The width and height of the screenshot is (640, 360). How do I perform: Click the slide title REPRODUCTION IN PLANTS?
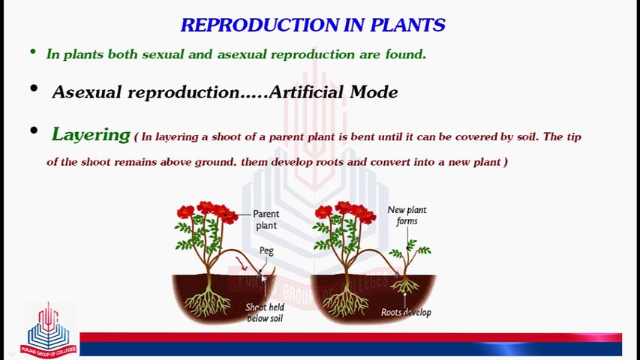click(x=313, y=25)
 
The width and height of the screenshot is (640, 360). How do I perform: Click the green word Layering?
click(x=91, y=135)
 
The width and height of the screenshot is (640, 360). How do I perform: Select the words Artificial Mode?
click(x=333, y=92)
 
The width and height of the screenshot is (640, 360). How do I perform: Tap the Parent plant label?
click(x=266, y=220)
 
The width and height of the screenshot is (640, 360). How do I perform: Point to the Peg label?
click(x=266, y=250)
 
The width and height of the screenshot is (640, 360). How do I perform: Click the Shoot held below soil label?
click(x=265, y=313)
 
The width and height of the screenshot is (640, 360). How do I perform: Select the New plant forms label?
click(x=407, y=215)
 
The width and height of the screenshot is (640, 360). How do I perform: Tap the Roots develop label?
click(x=406, y=312)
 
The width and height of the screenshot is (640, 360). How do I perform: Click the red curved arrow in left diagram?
click(x=242, y=263)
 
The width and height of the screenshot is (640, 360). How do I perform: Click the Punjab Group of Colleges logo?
click(x=49, y=331)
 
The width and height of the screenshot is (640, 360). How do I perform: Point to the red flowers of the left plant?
click(x=207, y=211)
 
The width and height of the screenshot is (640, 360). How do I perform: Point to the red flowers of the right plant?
click(x=345, y=211)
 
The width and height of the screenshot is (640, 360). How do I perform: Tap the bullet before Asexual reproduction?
click(x=34, y=89)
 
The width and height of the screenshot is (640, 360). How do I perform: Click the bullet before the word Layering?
click(x=34, y=131)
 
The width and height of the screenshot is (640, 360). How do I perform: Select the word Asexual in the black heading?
click(x=87, y=92)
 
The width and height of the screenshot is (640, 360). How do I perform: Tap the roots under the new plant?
click(x=406, y=286)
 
